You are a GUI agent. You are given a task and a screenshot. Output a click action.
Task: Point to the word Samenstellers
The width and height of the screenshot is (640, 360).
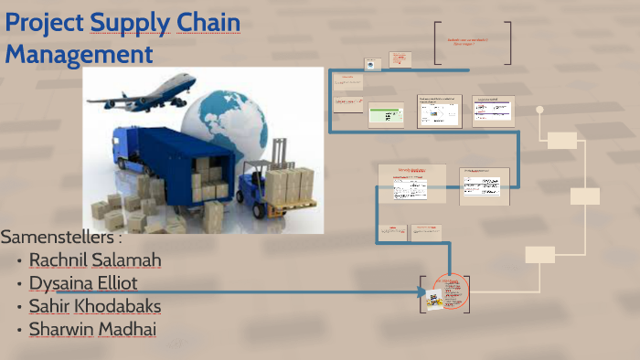(x=60, y=238)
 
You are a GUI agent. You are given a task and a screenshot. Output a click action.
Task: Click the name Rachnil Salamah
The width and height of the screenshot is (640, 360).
(x=95, y=260)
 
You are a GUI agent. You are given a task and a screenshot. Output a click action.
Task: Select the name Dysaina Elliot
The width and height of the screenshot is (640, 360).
(x=83, y=283)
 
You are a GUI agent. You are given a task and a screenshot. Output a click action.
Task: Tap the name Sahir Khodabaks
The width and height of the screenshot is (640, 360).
(x=95, y=306)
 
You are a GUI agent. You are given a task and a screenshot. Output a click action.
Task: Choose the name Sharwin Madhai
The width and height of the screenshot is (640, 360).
(x=92, y=329)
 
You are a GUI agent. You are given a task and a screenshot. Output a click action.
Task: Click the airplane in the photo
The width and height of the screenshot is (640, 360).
(x=160, y=89)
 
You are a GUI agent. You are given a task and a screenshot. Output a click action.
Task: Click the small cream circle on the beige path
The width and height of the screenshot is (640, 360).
(x=539, y=110)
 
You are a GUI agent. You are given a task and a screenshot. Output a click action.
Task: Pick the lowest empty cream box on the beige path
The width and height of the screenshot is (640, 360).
(x=540, y=254)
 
